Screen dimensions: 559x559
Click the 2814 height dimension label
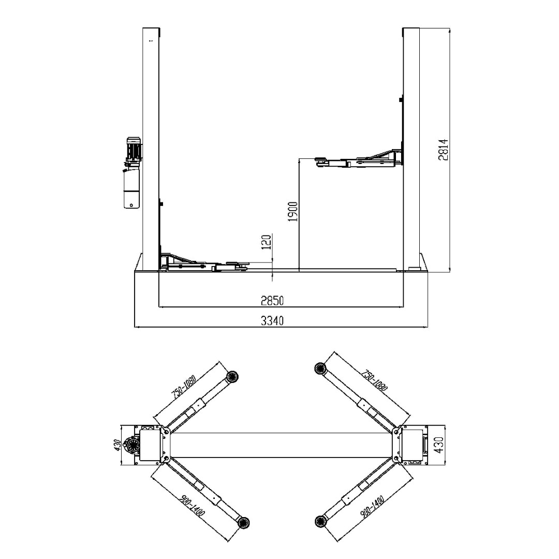[443, 150]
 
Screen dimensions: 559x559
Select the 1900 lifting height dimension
[293, 212]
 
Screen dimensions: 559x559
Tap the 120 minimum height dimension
[266, 242]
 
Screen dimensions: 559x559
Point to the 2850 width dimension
[272, 301]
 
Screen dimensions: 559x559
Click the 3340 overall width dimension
[272, 321]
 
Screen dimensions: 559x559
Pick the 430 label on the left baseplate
[117, 445]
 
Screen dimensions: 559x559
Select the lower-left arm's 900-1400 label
[192, 506]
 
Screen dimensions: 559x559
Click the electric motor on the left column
[134, 150]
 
